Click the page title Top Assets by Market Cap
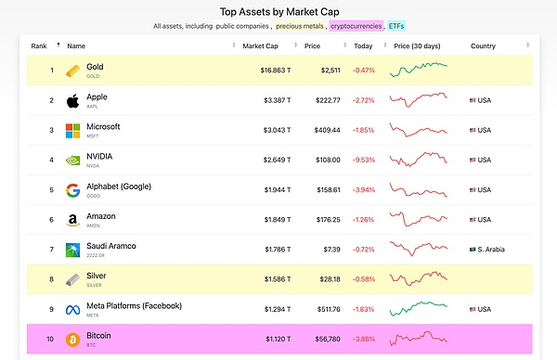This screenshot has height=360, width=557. tap(278, 11)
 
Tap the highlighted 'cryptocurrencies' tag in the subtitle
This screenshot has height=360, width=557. tap(355, 26)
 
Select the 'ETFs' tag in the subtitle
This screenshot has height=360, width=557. tap(395, 26)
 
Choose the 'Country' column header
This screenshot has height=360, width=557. tap(483, 45)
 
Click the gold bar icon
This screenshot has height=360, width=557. tap(73, 71)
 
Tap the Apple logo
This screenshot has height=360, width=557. tap(73, 101)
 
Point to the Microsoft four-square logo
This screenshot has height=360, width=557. tap(73, 131)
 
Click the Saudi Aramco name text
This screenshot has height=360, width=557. tap(111, 245)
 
